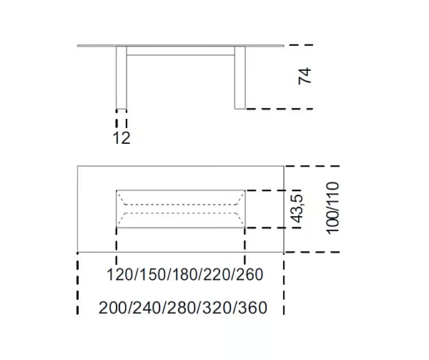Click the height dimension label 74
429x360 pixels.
pos(306,77)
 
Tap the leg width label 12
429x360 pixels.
pos(122,138)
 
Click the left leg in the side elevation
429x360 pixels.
pos(122,79)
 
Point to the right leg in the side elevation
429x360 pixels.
pos(240,79)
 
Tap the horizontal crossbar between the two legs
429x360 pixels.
pos(181,53)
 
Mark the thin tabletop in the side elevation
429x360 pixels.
pos(181,47)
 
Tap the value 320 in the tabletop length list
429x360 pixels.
pos(217,308)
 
